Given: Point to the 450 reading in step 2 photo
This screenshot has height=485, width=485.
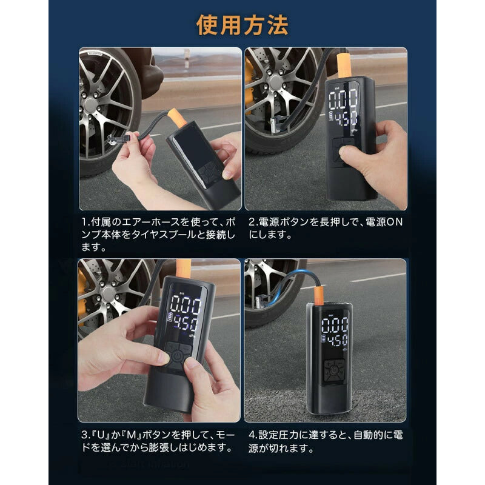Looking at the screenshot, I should (344, 120).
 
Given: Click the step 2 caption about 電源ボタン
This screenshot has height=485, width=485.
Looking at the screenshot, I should (326, 228).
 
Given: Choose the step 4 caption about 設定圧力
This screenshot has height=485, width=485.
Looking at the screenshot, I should (326, 442).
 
